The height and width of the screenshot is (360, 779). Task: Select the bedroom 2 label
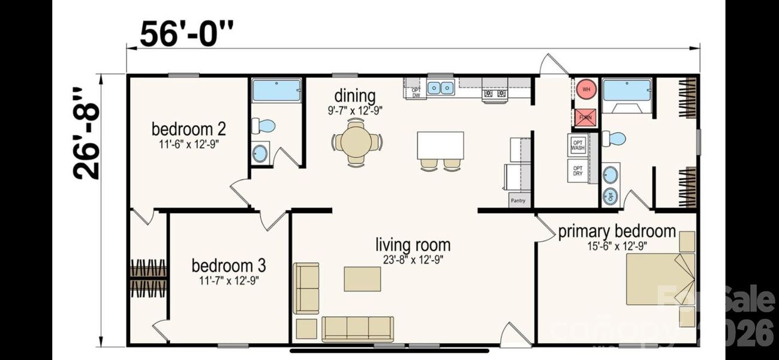(188, 129)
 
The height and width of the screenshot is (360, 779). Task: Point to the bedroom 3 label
(228, 265)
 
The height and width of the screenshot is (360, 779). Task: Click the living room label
(413, 245)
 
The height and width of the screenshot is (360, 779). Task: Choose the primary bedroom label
(616, 232)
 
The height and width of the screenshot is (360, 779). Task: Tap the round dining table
(356, 142)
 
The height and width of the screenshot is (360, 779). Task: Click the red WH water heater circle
(586, 89)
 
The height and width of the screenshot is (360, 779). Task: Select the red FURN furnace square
(585, 118)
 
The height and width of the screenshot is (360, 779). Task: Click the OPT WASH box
(578, 144)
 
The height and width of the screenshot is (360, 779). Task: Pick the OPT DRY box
(578, 170)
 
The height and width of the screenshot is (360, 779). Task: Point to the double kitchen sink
(441, 88)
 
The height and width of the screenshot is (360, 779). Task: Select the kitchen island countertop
(440, 145)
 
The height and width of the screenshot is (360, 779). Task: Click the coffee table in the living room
(362, 279)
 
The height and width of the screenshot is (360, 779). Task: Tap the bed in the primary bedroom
(658, 279)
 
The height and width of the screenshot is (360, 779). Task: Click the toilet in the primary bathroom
(614, 139)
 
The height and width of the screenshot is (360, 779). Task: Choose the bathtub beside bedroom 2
(276, 91)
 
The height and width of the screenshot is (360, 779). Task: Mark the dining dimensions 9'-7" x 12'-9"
(356, 110)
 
